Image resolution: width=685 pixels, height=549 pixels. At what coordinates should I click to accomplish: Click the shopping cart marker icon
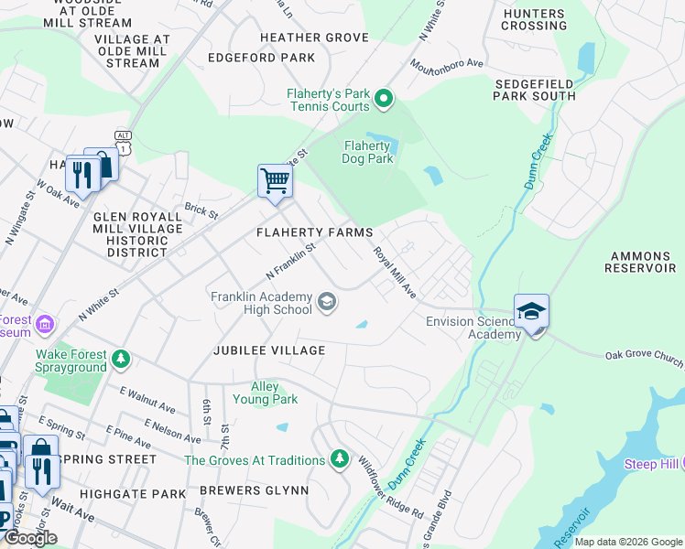click(275, 180)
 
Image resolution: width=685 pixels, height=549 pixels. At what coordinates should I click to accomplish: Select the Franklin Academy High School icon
click(326, 302)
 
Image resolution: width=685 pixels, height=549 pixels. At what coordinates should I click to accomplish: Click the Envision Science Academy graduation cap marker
click(531, 312)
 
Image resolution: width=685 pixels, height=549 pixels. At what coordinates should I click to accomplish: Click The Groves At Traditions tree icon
click(340, 457)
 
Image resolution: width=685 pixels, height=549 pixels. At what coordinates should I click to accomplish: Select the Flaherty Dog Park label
click(368, 152)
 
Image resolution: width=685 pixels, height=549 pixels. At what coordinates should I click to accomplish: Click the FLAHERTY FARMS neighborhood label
click(314, 232)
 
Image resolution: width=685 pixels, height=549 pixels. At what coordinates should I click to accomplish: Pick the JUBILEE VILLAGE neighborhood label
click(269, 350)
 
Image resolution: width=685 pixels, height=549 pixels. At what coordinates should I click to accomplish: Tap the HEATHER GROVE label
click(314, 38)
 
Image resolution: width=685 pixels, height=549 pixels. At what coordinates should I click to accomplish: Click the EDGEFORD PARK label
click(261, 58)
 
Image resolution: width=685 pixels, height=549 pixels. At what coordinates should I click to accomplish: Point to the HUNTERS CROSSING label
click(534, 19)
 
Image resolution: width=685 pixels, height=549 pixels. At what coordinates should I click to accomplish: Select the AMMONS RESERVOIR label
click(637, 263)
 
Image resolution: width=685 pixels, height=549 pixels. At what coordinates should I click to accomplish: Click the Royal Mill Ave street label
click(395, 272)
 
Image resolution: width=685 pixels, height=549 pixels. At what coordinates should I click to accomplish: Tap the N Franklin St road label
click(290, 261)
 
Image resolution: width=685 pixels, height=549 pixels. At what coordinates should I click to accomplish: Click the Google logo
click(30, 538)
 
